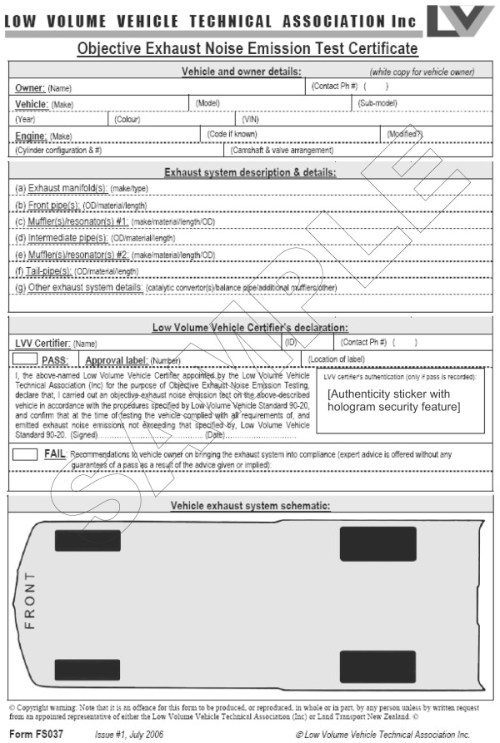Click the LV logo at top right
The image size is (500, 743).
point(460,20)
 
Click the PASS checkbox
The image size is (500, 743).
point(26,359)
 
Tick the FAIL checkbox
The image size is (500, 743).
point(26,454)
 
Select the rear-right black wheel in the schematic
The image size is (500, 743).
point(377,666)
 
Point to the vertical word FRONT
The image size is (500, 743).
point(30,600)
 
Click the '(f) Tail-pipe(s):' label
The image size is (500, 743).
point(44,270)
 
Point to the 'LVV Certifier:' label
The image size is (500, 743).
point(42,342)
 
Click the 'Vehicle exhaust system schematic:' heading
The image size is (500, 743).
point(250,505)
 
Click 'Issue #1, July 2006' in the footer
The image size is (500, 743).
point(129,734)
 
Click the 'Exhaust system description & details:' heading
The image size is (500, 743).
point(250,172)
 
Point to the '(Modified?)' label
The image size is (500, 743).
point(406,134)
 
